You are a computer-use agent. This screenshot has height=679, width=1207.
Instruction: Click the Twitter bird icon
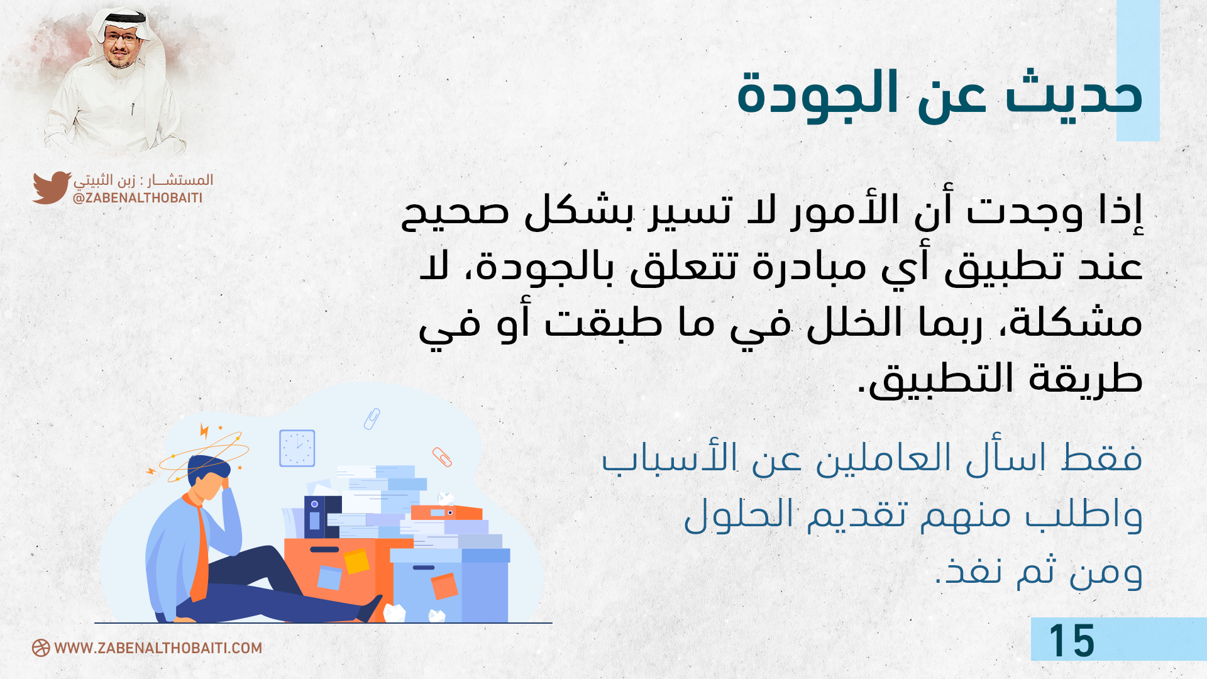pos(52,187)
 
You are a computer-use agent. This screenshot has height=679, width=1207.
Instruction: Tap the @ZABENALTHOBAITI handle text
pos(138,198)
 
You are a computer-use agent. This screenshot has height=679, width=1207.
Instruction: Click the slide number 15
pos(1072,641)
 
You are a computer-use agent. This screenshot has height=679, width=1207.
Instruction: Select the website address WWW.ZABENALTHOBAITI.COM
pos(158,648)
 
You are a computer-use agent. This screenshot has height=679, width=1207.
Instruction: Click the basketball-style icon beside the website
pos(41,648)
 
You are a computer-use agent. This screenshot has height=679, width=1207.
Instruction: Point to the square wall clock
pos(297,448)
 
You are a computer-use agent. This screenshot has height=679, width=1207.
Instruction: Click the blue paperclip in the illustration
pos(372,419)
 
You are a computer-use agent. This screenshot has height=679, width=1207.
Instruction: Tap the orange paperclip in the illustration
pos(442,457)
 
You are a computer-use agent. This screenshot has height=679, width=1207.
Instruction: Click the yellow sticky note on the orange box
pos(356,561)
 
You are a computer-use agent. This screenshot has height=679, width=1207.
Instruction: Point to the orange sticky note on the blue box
pos(444,586)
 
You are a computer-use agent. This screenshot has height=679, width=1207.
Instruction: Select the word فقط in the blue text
pos(1101,458)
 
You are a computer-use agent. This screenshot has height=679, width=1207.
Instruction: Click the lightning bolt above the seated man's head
pos(204,431)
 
